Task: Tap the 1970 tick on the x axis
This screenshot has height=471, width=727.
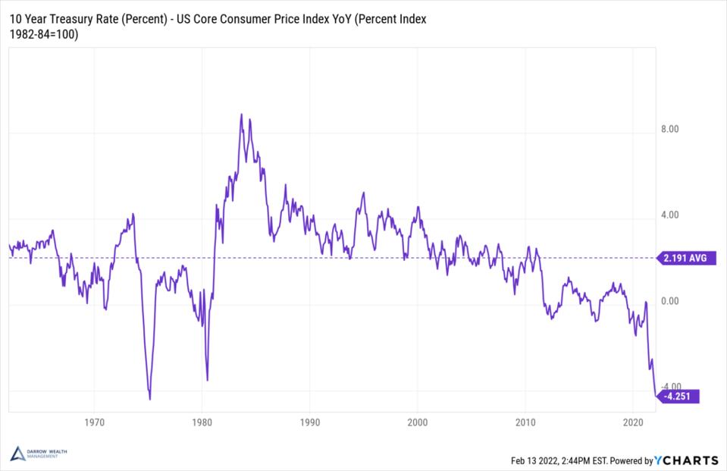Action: tap(94, 422)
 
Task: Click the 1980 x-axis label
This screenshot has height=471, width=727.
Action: tap(202, 422)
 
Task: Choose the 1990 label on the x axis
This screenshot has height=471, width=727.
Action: tap(309, 422)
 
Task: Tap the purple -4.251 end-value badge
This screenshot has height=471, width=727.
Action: tap(676, 396)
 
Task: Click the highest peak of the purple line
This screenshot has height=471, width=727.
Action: tap(241, 115)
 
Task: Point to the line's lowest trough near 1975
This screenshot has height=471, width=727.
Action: tap(150, 399)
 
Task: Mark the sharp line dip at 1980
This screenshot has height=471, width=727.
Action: tap(207, 380)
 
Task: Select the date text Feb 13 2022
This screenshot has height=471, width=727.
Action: tap(532, 460)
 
